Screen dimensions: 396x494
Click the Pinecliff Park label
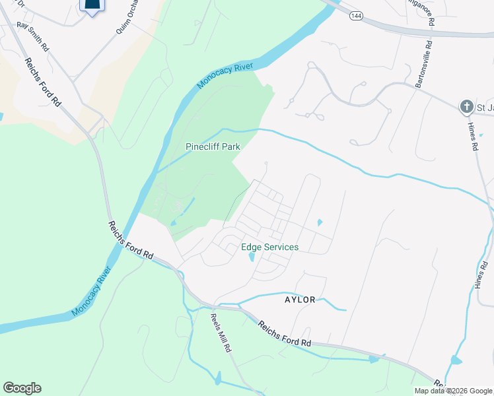213,147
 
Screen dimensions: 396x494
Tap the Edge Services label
269,247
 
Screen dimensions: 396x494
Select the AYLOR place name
300,299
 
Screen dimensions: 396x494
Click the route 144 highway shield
356,15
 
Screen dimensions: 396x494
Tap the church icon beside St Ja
466,106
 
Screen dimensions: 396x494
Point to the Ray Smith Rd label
33,37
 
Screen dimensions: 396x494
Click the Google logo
22,388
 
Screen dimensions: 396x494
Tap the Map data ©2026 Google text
452,391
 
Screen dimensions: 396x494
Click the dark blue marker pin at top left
92,5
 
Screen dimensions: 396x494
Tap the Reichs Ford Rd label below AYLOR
284,334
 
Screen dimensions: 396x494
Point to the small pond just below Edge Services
251,258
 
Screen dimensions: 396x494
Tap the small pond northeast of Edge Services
320,222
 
